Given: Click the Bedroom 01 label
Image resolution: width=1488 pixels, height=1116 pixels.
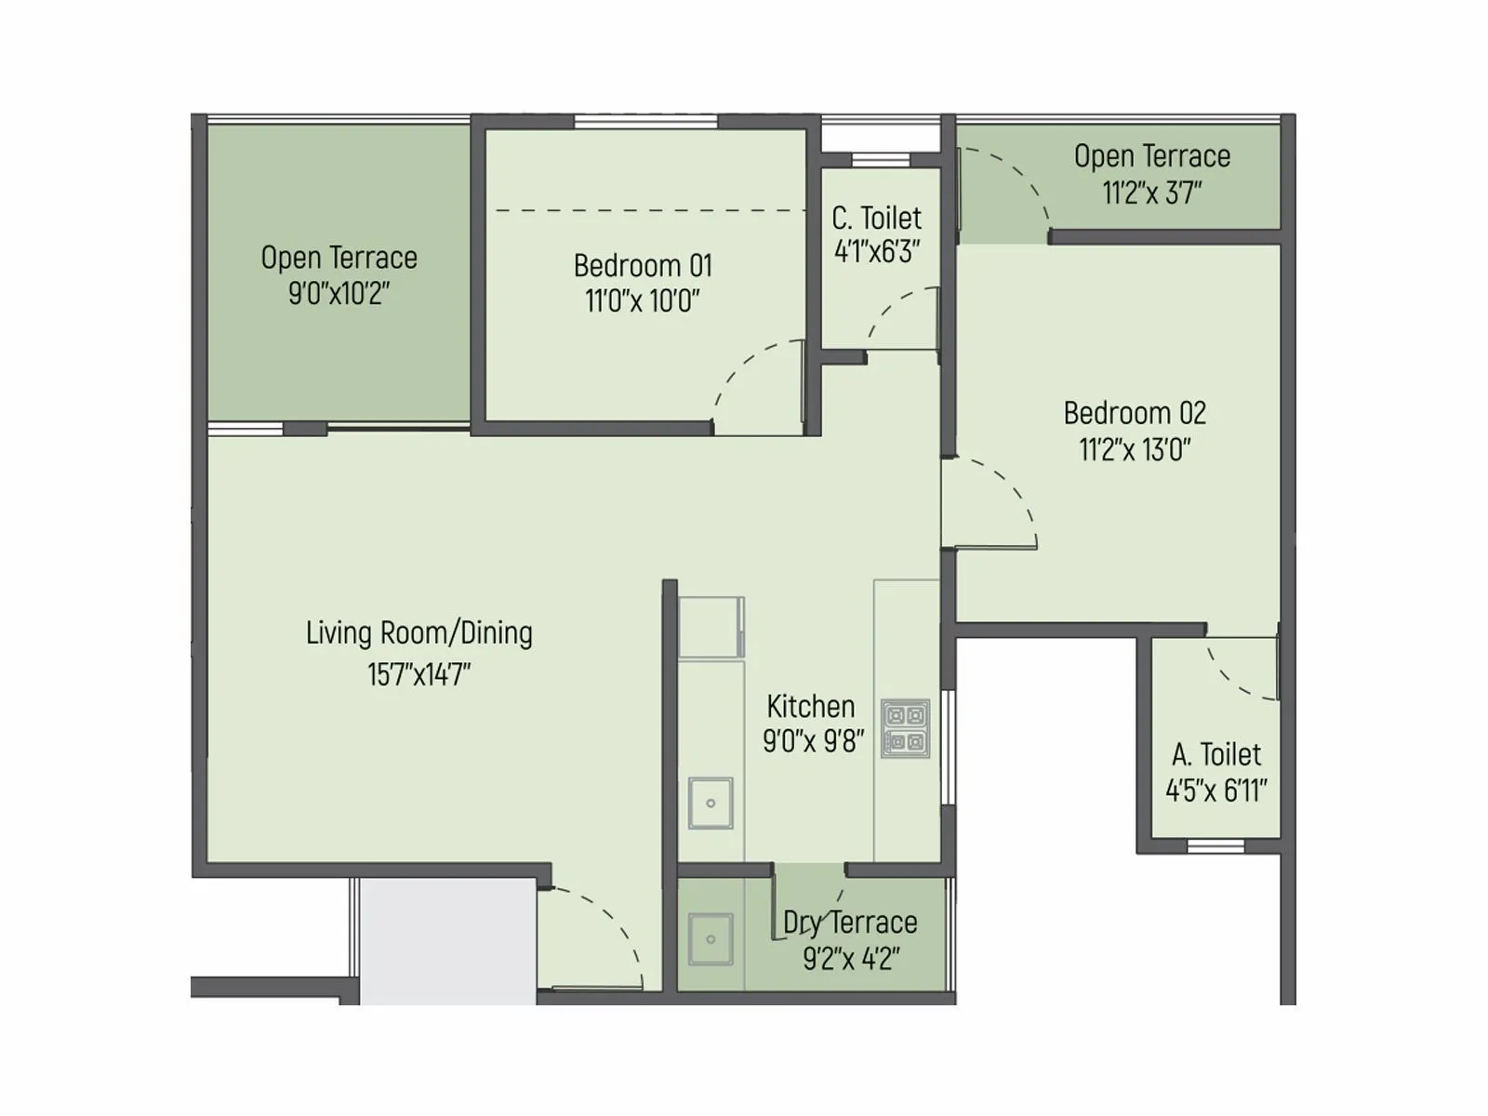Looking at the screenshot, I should tap(643, 266).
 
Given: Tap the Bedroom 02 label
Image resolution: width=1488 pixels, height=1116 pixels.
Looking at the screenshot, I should tap(1135, 413).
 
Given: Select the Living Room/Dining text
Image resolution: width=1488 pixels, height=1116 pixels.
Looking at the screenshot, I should tap(419, 633).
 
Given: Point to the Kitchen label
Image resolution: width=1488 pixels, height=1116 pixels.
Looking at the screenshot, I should tap(811, 707).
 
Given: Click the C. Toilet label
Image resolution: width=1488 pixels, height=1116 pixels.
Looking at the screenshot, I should tap(877, 218).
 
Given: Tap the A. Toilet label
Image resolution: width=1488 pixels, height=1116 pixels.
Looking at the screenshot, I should tap(1216, 754).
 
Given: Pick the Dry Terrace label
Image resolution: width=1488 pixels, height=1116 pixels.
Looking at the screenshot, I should tap(850, 923).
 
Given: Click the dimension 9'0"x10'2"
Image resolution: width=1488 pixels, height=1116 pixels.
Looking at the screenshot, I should tap(339, 294).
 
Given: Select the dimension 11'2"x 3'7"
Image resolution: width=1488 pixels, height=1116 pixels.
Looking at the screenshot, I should tap(1152, 193).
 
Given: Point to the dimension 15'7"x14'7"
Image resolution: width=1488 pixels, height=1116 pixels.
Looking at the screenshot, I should tap(419, 674).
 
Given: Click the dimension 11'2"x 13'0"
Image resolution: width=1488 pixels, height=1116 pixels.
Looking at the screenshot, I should tap(1135, 450).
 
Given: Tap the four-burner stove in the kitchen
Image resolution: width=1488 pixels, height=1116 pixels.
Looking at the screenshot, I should tap(905, 728).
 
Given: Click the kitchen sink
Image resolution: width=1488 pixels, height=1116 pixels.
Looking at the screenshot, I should tap(711, 803).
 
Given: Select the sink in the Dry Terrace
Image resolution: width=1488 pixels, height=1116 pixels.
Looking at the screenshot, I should tap(711, 938).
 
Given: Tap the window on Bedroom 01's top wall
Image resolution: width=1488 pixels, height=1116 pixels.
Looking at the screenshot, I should tap(646, 121).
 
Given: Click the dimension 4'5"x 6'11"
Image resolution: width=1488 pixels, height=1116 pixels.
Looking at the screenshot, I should tap(1216, 791).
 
